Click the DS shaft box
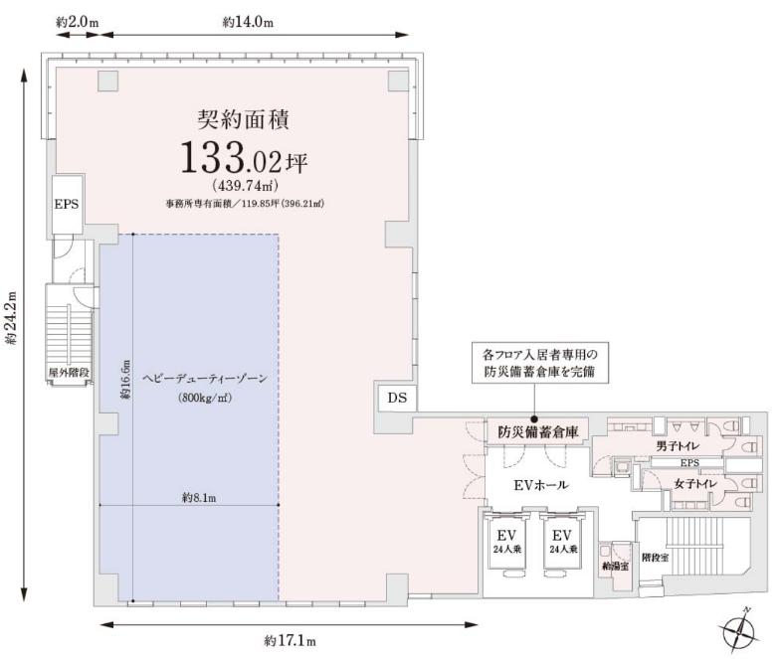tap(397, 397)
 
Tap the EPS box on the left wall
tap(68, 204)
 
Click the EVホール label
tap(541, 485)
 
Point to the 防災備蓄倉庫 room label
tap(538, 431)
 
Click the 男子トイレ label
tap(678, 445)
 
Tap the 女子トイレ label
tap(695, 483)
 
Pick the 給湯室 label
tap(615, 567)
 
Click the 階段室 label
tap(655, 557)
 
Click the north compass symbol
tap(738, 630)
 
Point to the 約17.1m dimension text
tap(291, 640)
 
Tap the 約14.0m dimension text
tap(248, 22)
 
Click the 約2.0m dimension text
tap(78, 22)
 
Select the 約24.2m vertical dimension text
tap(11, 318)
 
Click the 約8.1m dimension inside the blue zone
tap(199, 497)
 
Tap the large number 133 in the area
tap(212, 157)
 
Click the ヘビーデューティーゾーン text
tap(205, 379)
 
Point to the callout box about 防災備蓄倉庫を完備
tap(539, 362)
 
